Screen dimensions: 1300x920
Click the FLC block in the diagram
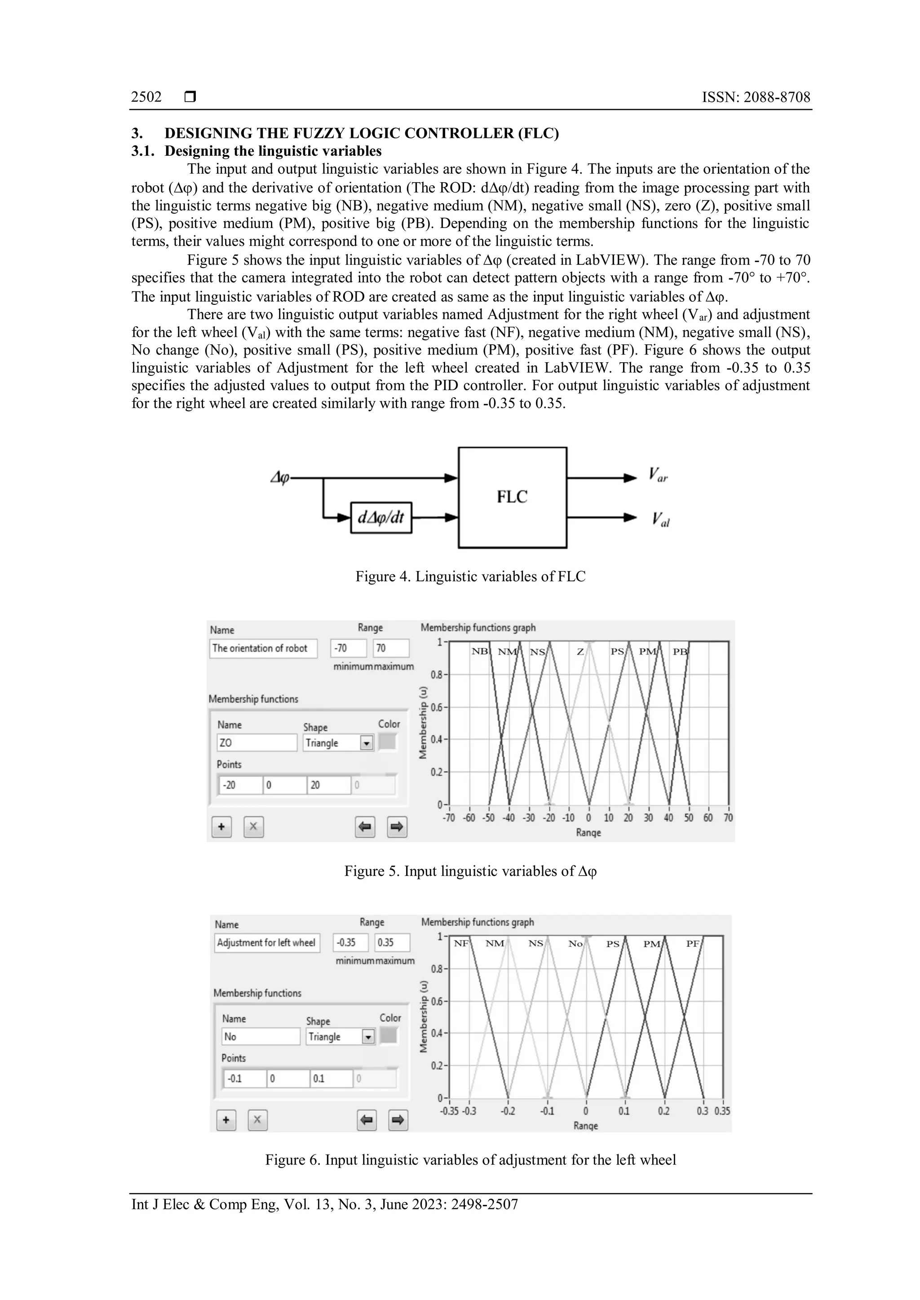[x=512, y=497]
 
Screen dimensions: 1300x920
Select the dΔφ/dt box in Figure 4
[x=381, y=517]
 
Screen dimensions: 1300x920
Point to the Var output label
[x=658, y=474]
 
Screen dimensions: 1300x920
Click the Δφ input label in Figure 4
[x=279, y=478]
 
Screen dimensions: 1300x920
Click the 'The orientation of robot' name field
[x=263, y=648]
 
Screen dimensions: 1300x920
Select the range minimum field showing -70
[x=348, y=648]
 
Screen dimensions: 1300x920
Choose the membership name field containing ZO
[x=256, y=743]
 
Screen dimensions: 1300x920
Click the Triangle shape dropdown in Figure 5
[x=338, y=743]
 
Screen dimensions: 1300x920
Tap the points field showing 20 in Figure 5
[x=328, y=785]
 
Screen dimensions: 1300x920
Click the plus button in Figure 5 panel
[x=221, y=827]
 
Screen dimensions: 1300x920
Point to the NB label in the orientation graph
[x=479, y=652]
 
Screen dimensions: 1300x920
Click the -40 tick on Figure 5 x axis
[x=508, y=818]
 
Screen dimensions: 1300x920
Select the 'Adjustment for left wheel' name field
[x=266, y=943]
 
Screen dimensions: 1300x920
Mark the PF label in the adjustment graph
[x=692, y=944]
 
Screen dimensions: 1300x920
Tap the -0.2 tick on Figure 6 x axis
[x=508, y=1111]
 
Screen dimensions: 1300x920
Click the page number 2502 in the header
[x=146, y=97]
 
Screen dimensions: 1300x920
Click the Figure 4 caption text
[x=470, y=576]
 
